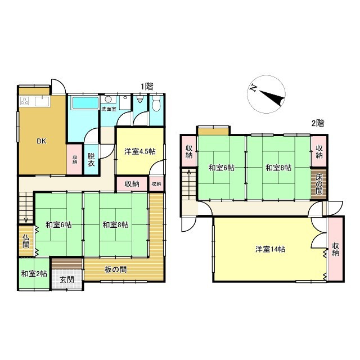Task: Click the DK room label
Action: [42, 141]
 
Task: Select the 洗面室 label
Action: [109, 109]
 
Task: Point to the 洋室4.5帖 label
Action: [140, 151]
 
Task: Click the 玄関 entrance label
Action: [66, 280]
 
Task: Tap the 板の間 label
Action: [115, 269]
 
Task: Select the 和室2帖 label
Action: [33, 274]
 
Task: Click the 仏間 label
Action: [26, 241]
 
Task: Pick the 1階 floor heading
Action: [147, 87]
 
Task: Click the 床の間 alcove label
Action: [318, 184]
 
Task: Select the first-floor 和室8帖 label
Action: [116, 224]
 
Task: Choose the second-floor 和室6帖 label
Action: [220, 167]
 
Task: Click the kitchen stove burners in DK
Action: [25, 102]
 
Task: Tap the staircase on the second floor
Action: [188, 190]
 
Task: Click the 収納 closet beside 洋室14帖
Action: [336, 249]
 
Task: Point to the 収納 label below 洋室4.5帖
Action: [132, 184]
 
